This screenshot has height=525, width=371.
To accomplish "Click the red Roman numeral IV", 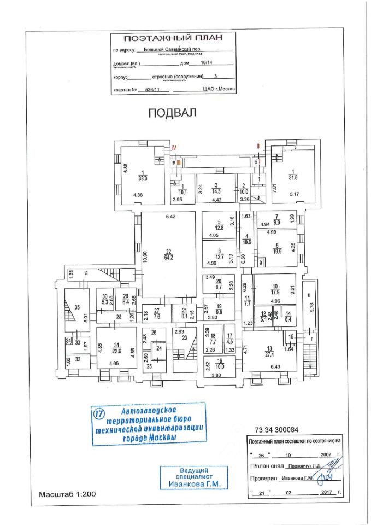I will point(174,148).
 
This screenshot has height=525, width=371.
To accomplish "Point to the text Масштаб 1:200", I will point(67,494).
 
